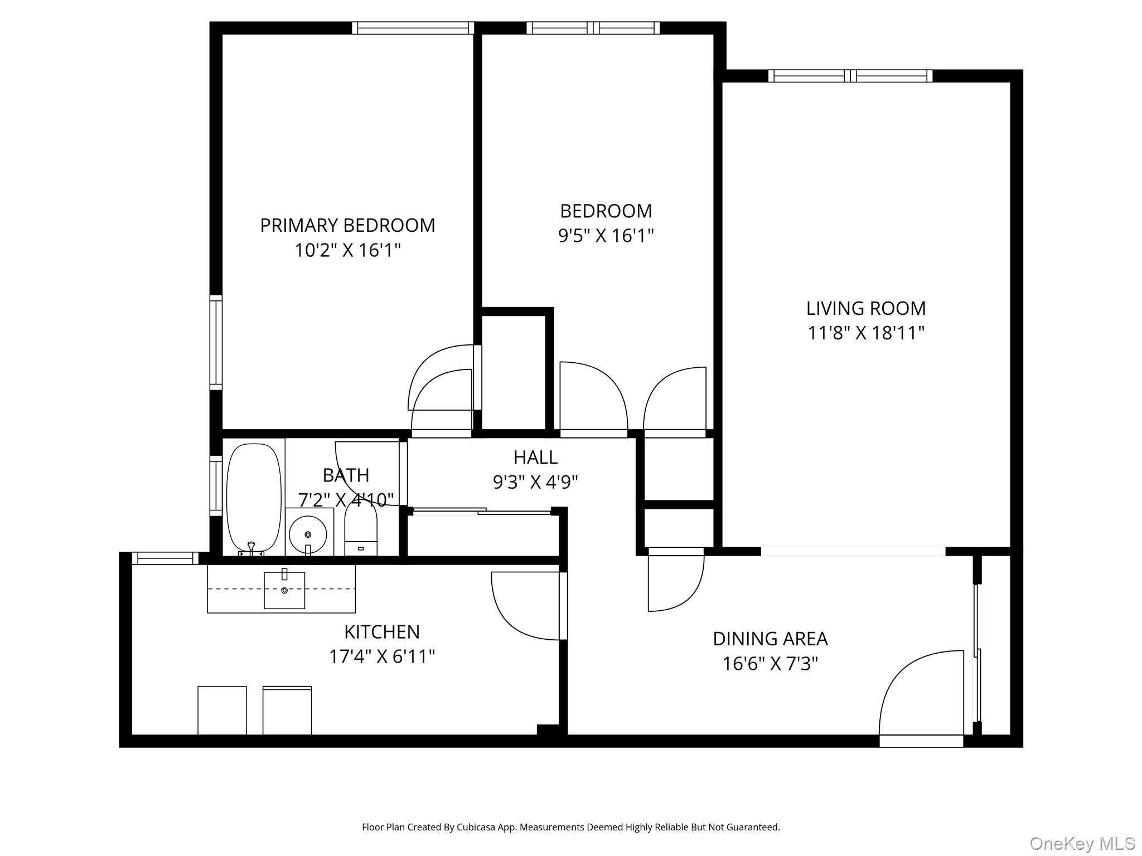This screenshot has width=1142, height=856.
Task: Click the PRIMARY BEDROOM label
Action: tap(347, 225)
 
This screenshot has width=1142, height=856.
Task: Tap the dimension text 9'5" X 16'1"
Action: tap(606, 236)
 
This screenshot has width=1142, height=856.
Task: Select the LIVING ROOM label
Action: tap(865, 308)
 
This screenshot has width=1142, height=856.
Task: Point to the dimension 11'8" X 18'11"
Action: tap(865, 333)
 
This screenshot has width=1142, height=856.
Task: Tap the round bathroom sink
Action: tap(307, 534)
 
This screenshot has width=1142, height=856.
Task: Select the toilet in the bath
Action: tap(361, 529)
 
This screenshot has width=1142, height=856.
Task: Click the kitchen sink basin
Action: tap(284, 590)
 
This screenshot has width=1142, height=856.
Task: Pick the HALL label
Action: tap(535, 457)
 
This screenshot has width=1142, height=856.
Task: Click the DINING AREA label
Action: tap(770, 639)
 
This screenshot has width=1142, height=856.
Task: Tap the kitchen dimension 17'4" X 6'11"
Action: tap(381, 656)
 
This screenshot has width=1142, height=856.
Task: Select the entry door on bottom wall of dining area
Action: tap(921, 741)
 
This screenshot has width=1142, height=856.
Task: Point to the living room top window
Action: tap(850, 76)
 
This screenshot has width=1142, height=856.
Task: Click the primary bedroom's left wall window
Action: tap(216, 342)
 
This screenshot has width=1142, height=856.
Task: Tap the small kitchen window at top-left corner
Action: tap(164, 558)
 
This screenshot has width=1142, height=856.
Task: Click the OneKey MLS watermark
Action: tap(1082, 843)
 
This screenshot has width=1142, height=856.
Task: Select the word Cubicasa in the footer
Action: tap(476, 827)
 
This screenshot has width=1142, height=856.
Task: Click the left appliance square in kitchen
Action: tap(222, 710)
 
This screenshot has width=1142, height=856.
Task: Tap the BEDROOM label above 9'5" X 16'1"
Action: tap(606, 211)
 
